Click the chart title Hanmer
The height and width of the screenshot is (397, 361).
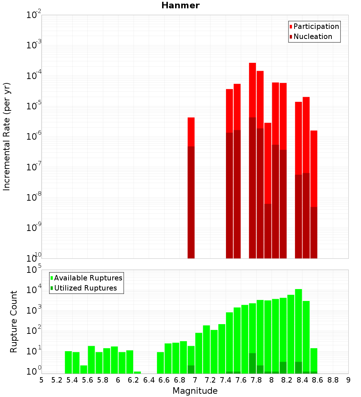[x=180, y=5]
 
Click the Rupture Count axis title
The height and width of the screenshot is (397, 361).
[x=14, y=321]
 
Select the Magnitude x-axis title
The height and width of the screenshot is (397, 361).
[x=195, y=391]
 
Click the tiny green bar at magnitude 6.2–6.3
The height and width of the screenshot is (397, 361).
[x=137, y=372]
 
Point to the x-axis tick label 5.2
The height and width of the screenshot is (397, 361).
[x=57, y=380]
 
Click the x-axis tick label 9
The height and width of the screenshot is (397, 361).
[x=348, y=380]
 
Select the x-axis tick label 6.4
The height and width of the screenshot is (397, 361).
[x=149, y=380]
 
